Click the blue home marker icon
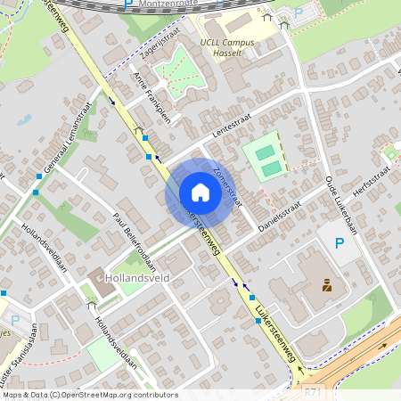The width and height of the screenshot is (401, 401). click(200, 192)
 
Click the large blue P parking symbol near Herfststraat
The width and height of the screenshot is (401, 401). click(338, 243)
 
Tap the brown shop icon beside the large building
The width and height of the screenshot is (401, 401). click(327, 286)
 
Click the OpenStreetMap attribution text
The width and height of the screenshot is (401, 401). click(90, 394)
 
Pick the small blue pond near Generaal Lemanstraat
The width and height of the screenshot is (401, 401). click(25, 119)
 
